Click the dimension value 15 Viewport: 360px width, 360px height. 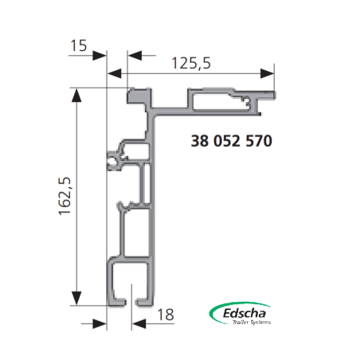click(79, 45)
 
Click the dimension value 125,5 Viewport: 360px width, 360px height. click(191, 63)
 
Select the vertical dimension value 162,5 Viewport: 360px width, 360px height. click(65, 196)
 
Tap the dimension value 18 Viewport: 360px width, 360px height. click(166, 315)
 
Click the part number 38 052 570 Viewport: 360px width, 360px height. click(232, 141)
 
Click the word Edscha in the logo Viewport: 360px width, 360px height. click(245, 313)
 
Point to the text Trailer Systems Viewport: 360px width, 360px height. click(252, 322)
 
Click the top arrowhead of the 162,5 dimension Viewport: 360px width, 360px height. click(76, 96)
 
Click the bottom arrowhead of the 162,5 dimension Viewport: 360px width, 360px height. click(76, 298)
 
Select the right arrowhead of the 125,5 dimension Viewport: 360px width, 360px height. click(267, 73)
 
